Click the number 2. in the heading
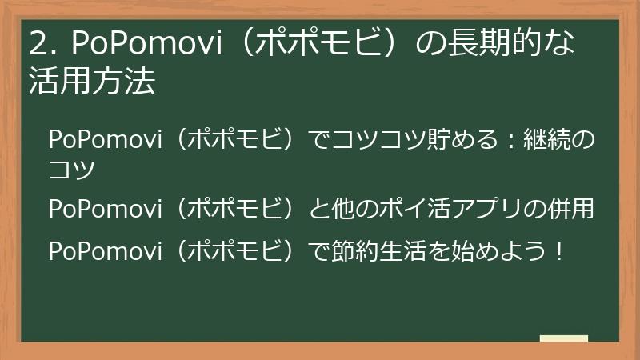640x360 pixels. coord(42,45)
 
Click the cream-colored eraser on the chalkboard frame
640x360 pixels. coord(563,338)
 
